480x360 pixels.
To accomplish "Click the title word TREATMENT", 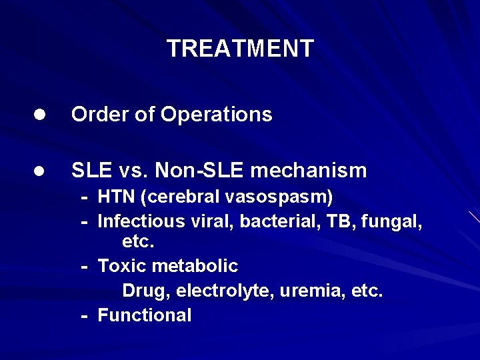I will pos(240,49).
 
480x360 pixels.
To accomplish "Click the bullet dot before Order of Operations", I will pos(40,115).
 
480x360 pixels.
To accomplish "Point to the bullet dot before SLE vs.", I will pos(40,171).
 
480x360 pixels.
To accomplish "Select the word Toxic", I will pos(122,266).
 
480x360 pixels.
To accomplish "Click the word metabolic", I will pos(195,266).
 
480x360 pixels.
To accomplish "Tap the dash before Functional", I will pos(85,316).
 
